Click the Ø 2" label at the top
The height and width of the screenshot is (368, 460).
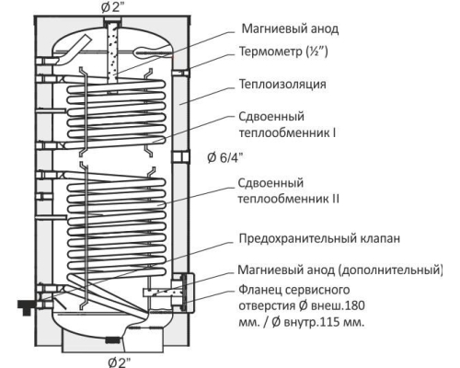[113, 7]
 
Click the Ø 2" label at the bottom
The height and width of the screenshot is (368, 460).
[120, 362]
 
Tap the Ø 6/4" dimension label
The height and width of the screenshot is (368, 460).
[224, 157]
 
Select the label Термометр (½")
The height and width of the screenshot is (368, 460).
[283, 52]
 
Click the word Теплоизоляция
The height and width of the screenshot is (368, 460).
[282, 84]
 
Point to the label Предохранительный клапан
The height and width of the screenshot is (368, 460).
[319, 238]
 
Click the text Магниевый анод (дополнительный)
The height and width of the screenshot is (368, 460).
[340, 270]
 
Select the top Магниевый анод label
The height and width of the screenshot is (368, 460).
[290, 29]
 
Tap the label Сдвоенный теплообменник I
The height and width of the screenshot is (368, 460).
[287, 125]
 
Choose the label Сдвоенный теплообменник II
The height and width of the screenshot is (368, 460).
[289, 190]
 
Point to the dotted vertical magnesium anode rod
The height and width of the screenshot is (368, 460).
[112, 52]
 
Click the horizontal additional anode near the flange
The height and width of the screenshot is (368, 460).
[159, 293]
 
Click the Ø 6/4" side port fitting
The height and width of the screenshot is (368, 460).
[180, 157]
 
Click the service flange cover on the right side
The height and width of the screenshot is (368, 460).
[188, 293]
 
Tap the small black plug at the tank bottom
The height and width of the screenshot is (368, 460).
[113, 339]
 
